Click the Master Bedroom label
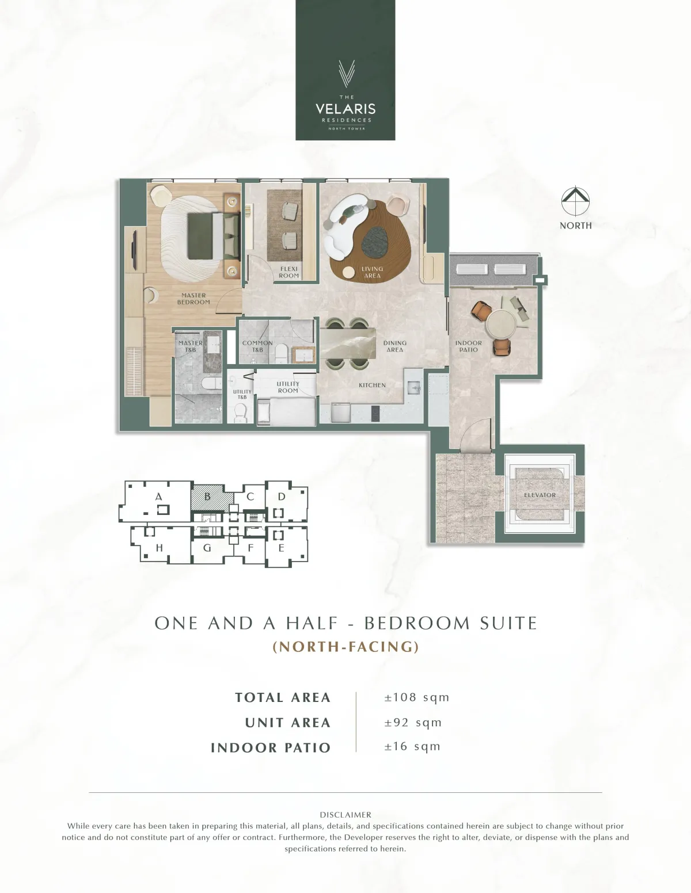coord(193,299)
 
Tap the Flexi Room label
coord(288,272)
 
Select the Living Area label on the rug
coord(373,272)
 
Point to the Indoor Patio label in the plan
coord(468,346)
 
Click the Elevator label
coord(540,495)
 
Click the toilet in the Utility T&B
coord(240,412)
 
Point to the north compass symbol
coord(575,201)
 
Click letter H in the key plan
coord(160,547)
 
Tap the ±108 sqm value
coord(417,697)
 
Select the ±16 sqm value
coord(412,746)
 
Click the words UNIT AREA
coord(288,722)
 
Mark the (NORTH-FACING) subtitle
coord(345,646)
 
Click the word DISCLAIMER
coord(345,814)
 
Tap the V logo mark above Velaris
coord(347,74)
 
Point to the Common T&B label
coord(257,346)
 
